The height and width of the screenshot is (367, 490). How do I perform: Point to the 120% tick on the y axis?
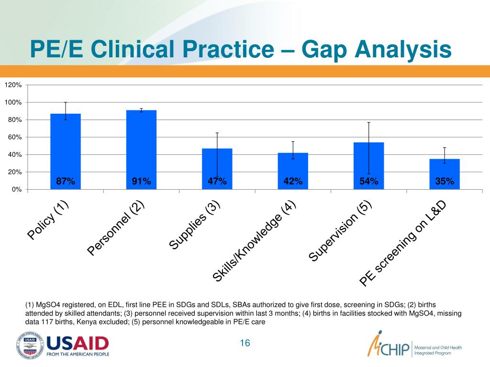click(x=13, y=85)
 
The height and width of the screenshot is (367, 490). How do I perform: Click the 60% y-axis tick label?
click(x=14, y=137)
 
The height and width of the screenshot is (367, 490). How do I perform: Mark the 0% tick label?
click(x=16, y=190)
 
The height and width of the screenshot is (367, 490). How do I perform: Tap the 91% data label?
click(x=141, y=181)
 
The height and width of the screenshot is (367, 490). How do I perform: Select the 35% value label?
click(x=444, y=181)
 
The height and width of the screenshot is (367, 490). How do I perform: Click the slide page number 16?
click(x=245, y=343)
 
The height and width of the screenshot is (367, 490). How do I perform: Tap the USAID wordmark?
click(x=78, y=343)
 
